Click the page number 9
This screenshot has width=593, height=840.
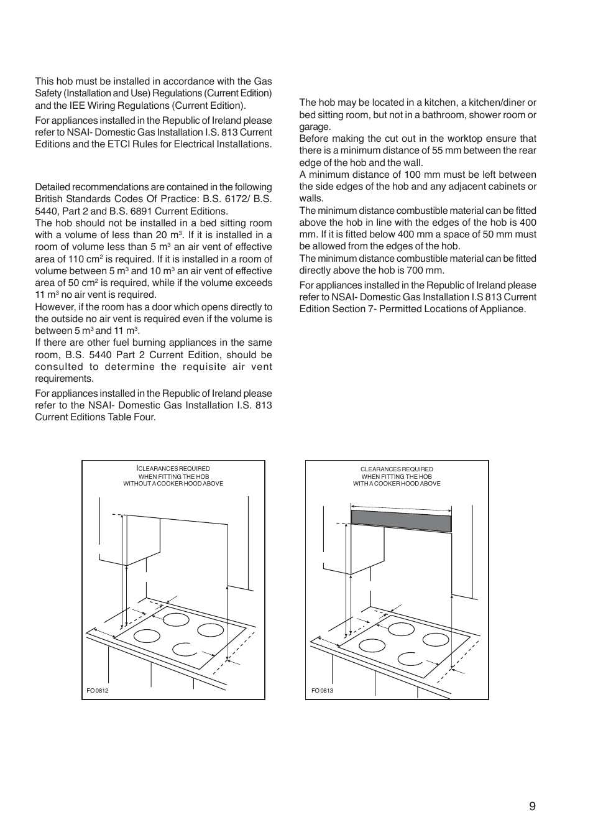(x=532, y=806)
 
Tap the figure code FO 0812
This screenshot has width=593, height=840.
(x=98, y=691)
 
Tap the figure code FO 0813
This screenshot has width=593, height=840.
(x=322, y=691)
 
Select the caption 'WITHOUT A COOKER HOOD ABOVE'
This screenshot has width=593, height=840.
(x=173, y=484)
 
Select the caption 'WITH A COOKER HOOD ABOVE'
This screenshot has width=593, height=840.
(x=397, y=484)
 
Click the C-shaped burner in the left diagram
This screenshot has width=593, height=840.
(x=185, y=650)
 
